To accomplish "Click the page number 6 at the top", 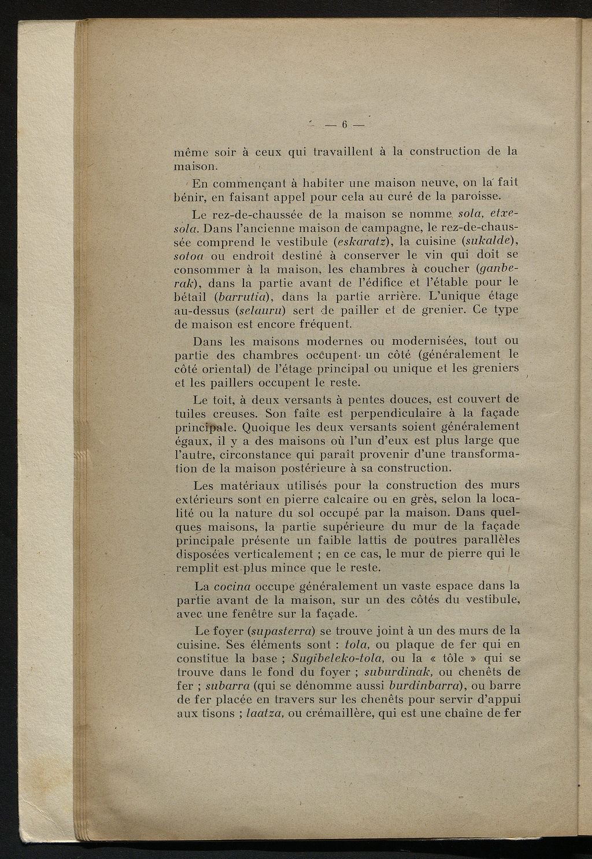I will [x=343, y=124].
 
